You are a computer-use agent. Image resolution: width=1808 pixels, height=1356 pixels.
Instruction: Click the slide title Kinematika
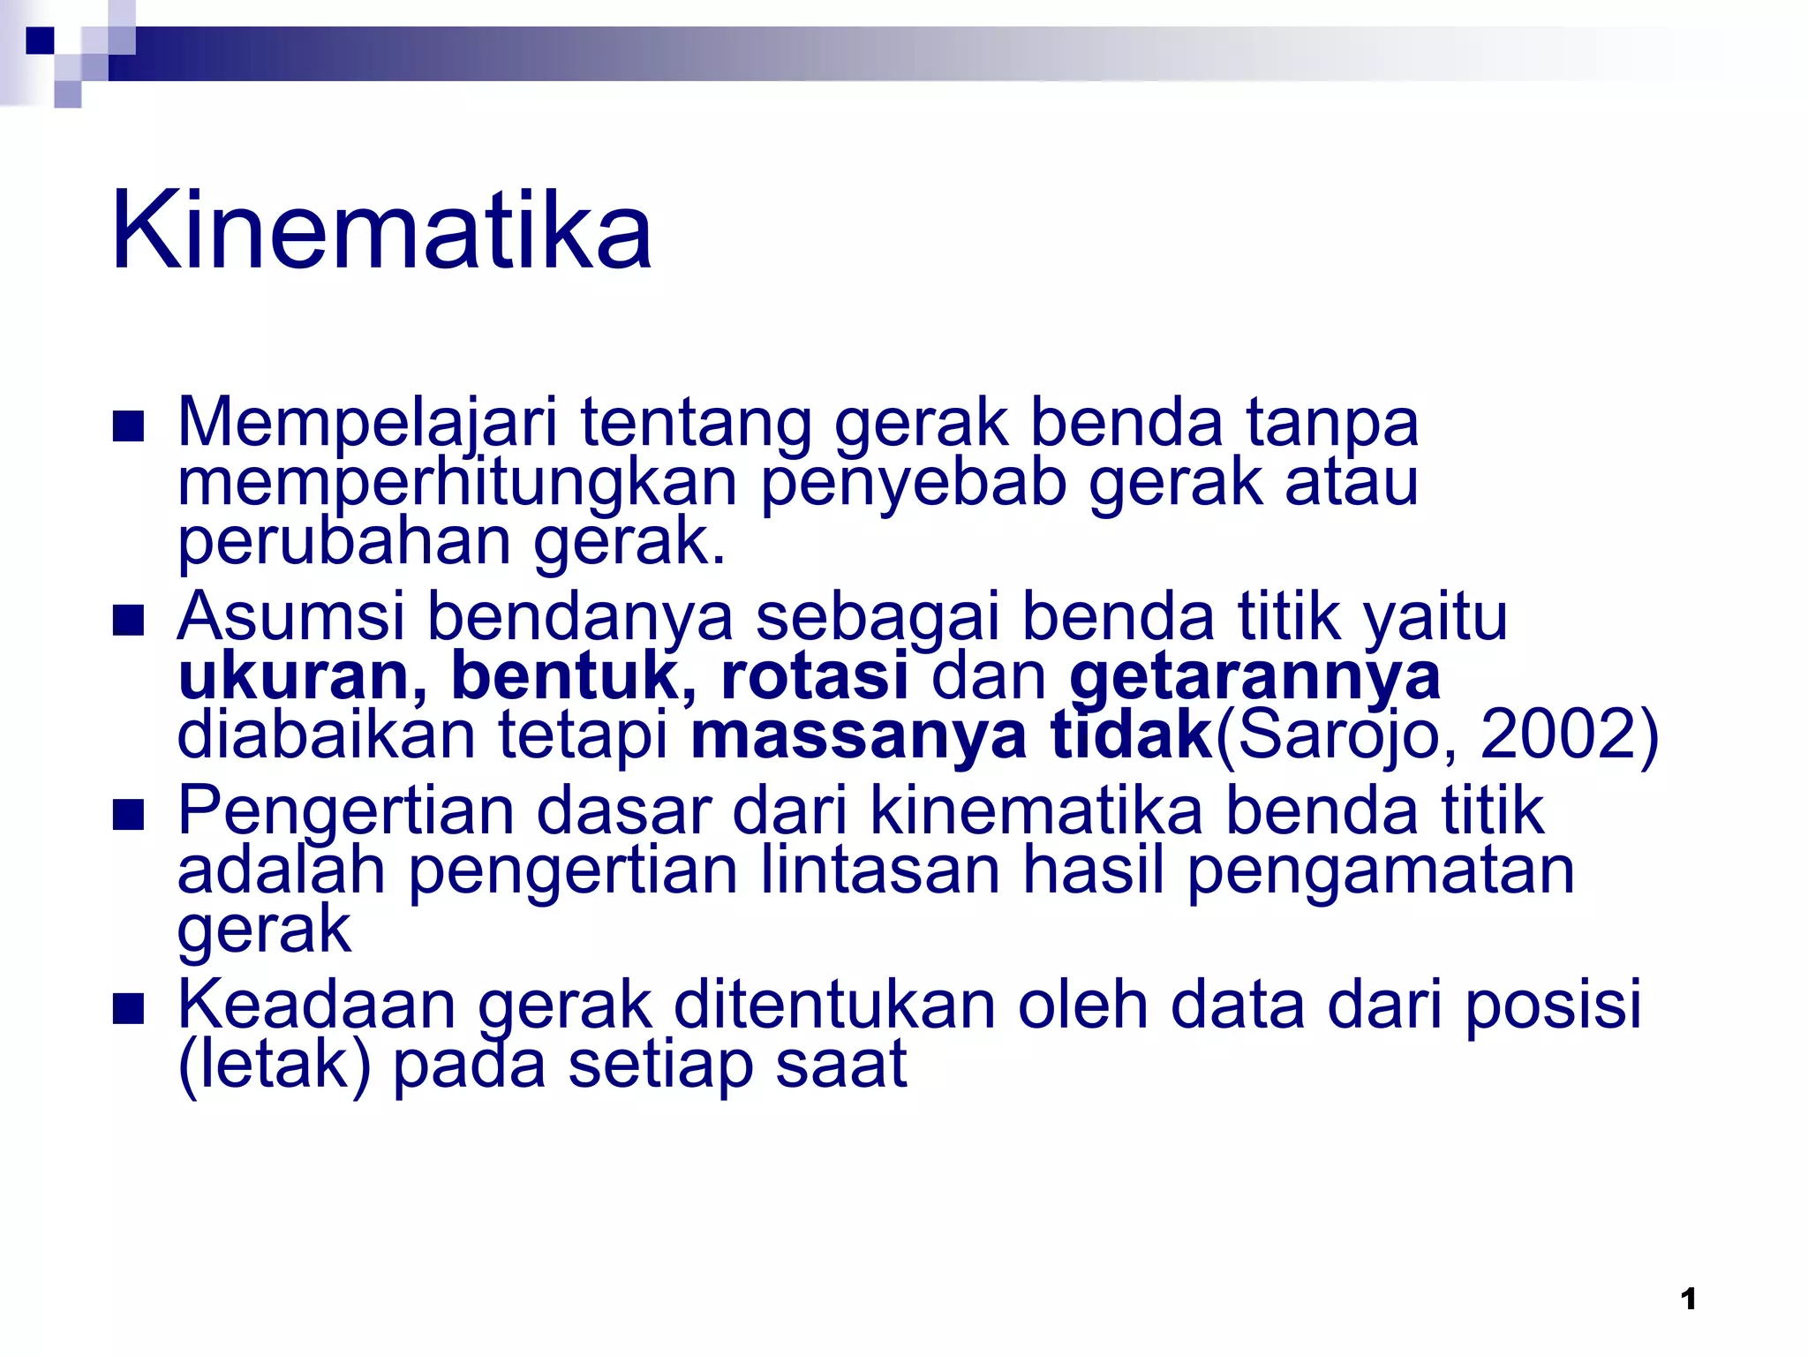pyautogui.click(x=381, y=231)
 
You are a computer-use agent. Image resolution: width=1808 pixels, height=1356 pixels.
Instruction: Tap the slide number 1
pyautogui.click(x=1688, y=1299)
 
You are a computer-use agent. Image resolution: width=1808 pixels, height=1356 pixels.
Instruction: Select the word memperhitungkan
pyautogui.click(x=457, y=484)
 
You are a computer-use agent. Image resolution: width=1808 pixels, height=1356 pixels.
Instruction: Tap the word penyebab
pyautogui.click(x=913, y=484)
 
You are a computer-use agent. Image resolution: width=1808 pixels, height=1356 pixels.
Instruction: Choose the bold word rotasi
pyautogui.click(x=814, y=676)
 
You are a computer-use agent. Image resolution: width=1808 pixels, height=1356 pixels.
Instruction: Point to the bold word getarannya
pyautogui.click(x=1254, y=678)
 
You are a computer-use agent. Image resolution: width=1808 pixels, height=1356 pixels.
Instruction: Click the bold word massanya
pyautogui.click(x=858, y=736)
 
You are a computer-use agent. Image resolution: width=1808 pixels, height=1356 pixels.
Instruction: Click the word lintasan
pyautogui.click(x=880, y=870)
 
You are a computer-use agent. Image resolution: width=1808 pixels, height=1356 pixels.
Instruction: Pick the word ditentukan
pyautogui.click(x=834, y=1005)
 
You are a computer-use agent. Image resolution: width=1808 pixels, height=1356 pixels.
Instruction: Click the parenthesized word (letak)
pyautogui.click(x=274, y=1065)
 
